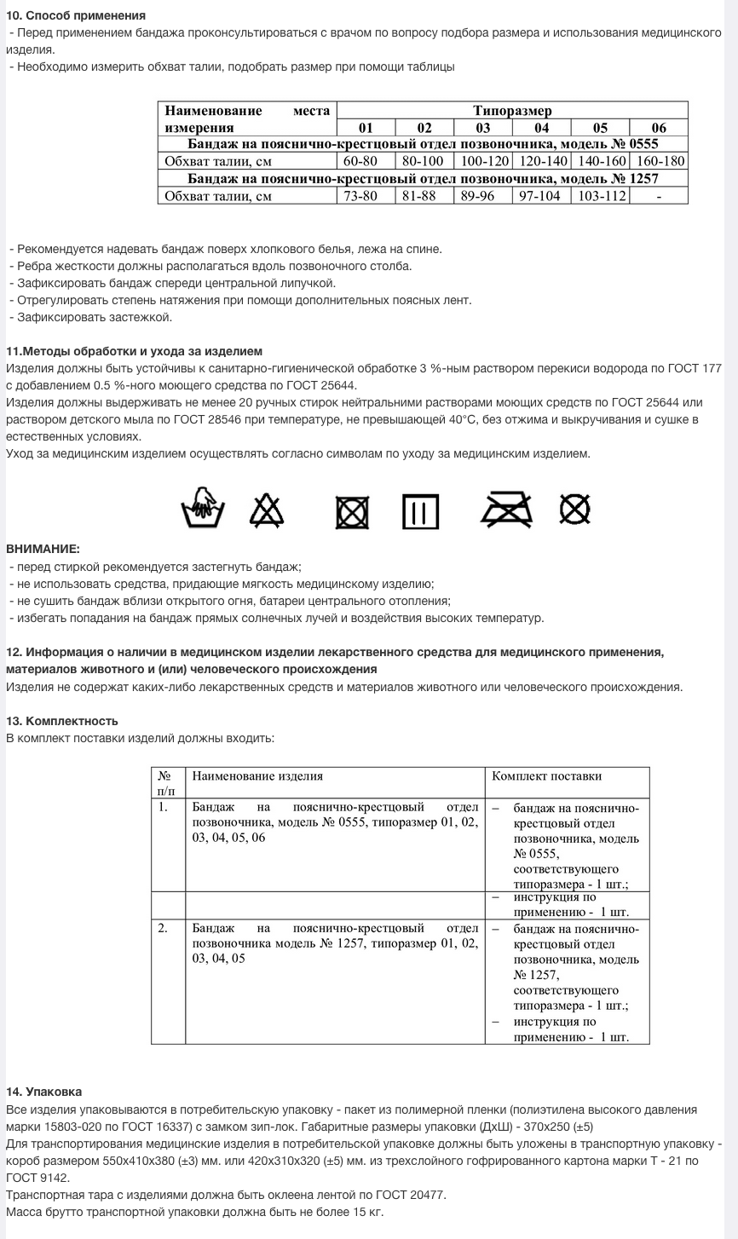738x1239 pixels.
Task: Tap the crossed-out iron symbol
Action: pos(506,510)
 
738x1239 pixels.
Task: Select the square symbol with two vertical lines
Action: pos(420,511)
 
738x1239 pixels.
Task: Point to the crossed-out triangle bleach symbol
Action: pos(266,510)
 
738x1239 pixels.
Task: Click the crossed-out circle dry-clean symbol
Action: pos(575,510)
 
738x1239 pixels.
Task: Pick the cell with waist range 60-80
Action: pos(366,161)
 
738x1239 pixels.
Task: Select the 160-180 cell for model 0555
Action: pos(659,161)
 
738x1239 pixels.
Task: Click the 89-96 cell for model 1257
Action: pos(482,196)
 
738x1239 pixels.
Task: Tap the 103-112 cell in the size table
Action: pos(600,196)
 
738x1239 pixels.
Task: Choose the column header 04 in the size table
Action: pos(541,128)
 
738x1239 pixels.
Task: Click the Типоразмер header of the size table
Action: pos(512,111)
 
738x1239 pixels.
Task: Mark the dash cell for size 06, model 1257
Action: pos(659,196)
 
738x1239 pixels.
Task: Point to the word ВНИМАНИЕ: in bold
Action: pos(43,549)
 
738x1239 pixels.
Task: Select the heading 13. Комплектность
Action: pos(61,721)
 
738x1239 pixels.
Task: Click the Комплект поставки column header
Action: pos(547,776)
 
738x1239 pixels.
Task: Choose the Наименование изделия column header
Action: pos(257,776)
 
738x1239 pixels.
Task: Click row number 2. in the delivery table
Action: pos(163,928)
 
